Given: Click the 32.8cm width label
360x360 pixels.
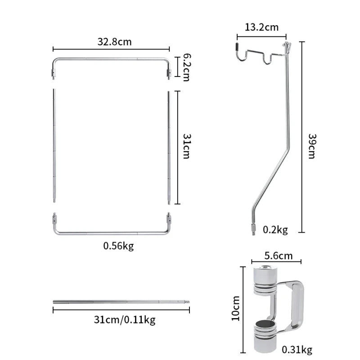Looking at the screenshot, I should tap(114, 42).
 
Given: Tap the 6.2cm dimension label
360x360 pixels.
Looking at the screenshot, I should tap(185, 67).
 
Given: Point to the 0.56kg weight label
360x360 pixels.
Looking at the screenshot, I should tap(118, 246).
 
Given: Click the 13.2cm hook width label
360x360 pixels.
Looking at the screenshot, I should tap(261, 27).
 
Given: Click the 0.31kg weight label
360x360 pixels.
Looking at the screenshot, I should tap(297, 349).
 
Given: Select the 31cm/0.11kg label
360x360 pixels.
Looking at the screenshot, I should tap(125, 319).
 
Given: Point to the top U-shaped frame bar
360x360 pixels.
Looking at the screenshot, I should tap(111, 59).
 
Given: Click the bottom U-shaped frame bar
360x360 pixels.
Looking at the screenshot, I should tap(111, 232).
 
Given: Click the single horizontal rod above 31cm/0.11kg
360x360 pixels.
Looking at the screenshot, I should tap(121, 302).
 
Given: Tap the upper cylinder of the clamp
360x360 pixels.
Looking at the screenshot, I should tap(265, 280).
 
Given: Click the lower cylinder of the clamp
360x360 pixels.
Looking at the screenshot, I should tap(265, 335).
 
